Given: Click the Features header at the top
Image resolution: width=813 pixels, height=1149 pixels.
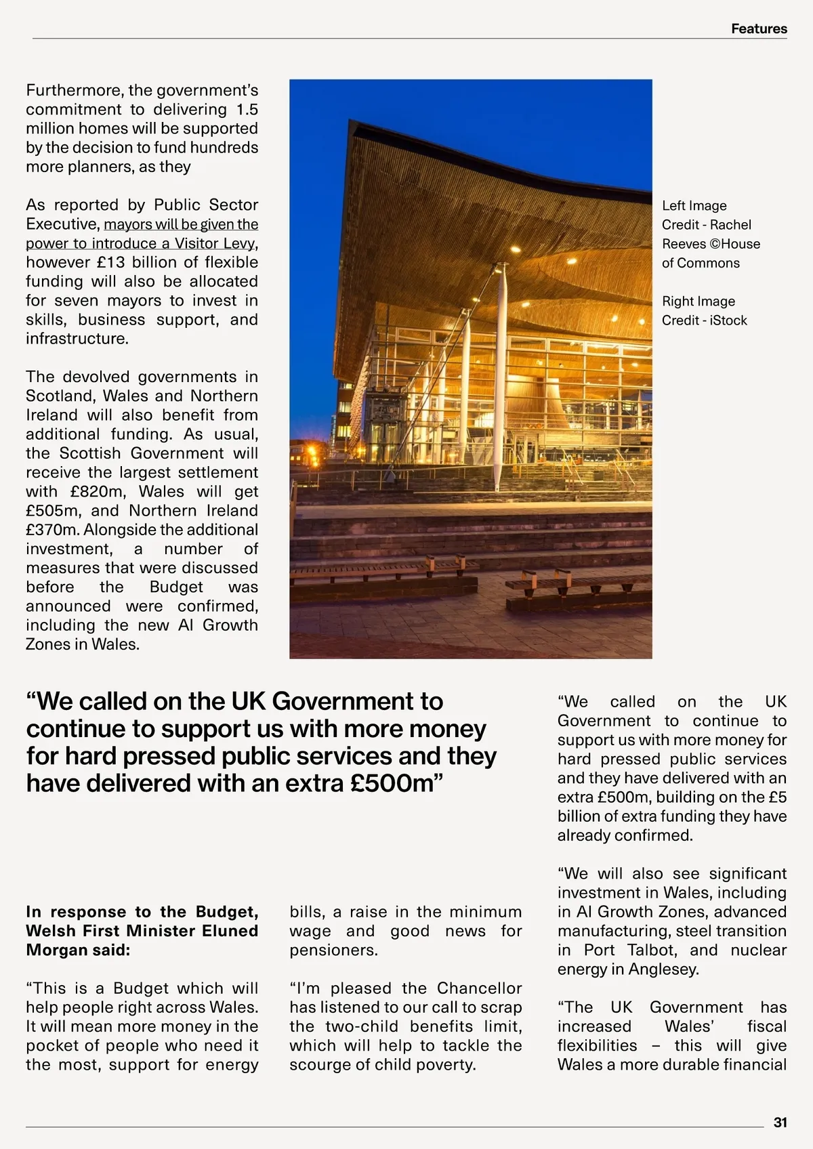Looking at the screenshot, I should coord(759,28).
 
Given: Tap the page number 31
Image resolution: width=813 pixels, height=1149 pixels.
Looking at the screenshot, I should coord(780,1123).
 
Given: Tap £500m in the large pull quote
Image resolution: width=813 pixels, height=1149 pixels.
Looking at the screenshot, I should coord(392,783).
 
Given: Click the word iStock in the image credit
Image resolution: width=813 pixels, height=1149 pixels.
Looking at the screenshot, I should coord(728,320).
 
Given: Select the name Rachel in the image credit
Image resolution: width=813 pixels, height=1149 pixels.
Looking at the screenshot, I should coord(730,225).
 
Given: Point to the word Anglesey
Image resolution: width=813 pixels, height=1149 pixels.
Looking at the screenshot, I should coord(663,969).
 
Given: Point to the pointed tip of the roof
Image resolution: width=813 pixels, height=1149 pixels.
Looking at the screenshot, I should coord(351,123).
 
